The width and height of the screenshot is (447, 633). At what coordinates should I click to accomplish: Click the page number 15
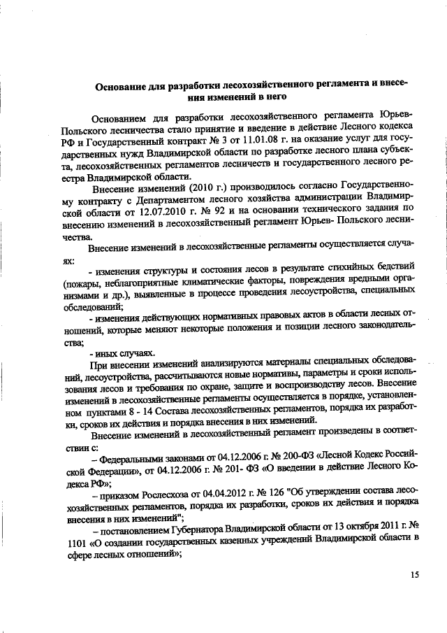[415, 575]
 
